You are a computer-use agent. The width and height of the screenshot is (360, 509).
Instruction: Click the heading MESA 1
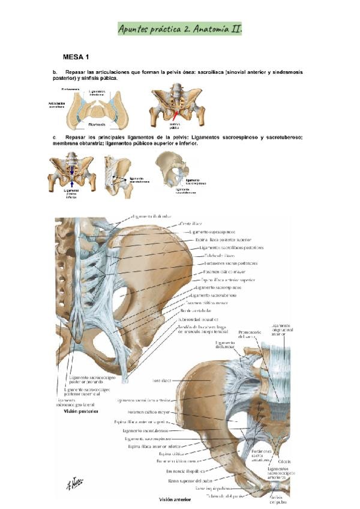click(76, 57)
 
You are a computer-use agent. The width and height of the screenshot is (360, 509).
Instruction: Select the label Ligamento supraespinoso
click(212, 232)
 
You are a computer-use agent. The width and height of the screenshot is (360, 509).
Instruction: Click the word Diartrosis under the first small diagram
click(97, 124)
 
